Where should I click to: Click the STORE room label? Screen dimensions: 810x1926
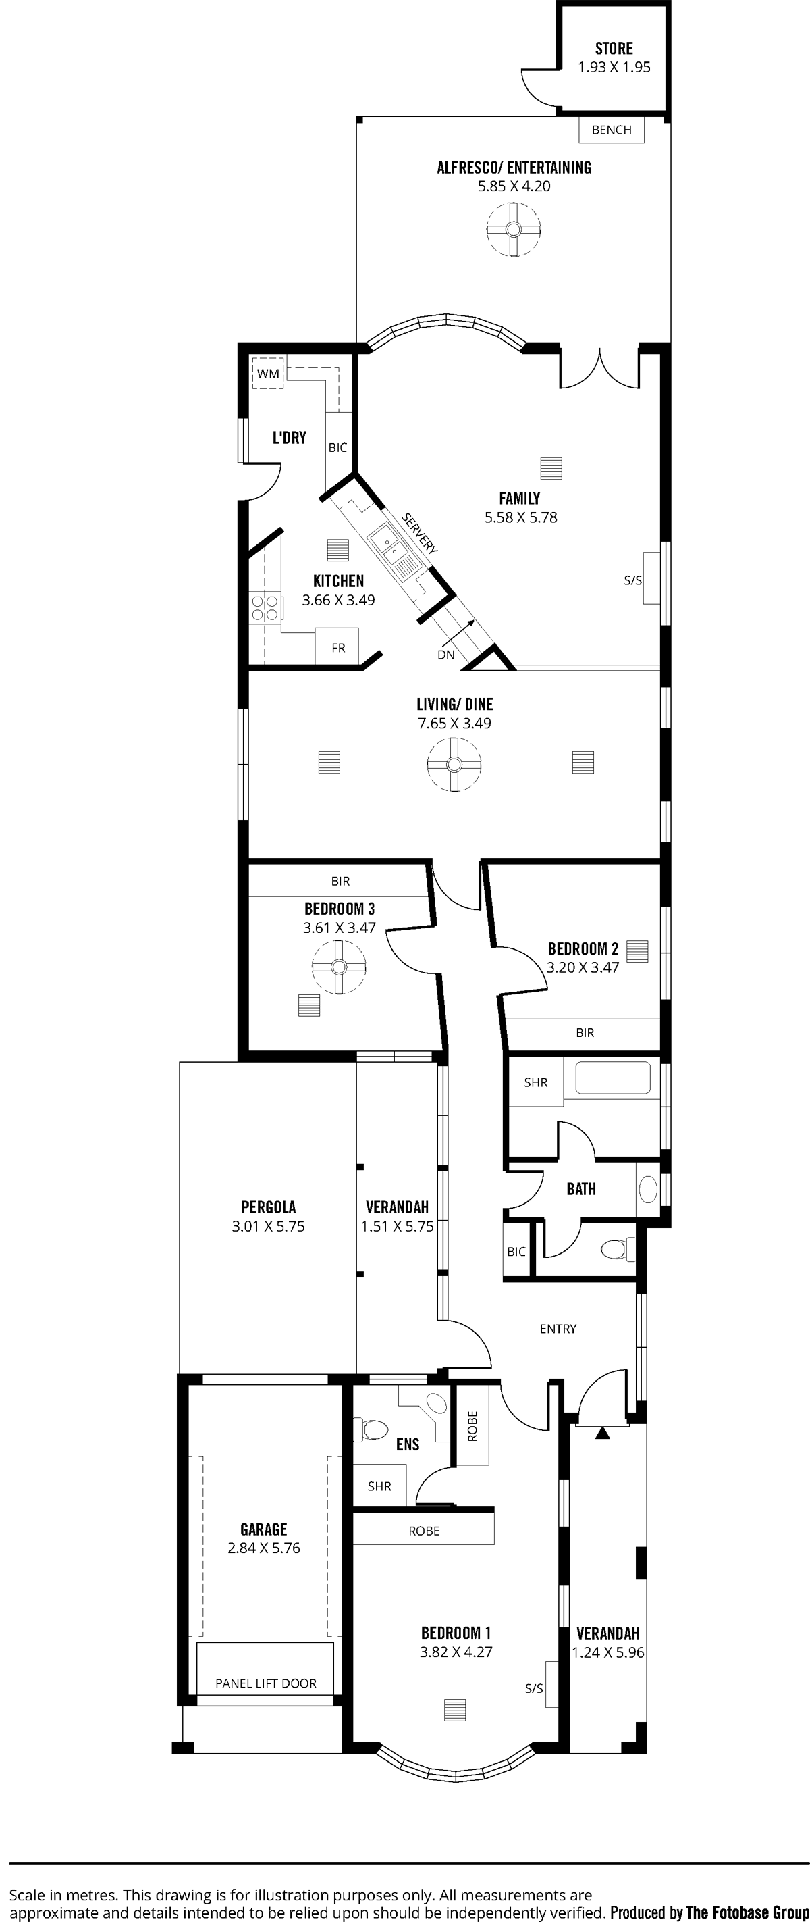pos(614,49)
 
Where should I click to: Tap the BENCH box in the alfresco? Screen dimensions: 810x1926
pos(612,130)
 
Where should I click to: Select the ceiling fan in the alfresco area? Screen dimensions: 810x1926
pos(514,229)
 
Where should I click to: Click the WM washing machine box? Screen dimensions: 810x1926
pos(267,373)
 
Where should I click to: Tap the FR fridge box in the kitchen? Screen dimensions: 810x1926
pos(337,647)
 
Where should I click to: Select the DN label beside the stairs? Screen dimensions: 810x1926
pos(446,655)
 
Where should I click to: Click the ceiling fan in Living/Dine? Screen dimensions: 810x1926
pos(454,764)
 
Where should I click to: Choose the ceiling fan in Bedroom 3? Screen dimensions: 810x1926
pos(338,967)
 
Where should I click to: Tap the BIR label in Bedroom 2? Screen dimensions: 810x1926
pos(585,1032)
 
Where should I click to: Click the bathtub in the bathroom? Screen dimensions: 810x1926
pos(612,1080)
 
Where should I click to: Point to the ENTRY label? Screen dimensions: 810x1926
pos(558,1329)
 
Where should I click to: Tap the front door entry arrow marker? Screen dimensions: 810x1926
pos(602,1434)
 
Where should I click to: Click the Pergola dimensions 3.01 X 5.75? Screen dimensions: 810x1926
pos(268,1226)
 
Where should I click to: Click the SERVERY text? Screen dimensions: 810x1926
pos(419,533)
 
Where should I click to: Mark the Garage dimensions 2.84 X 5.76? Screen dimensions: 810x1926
pos(264,1548)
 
